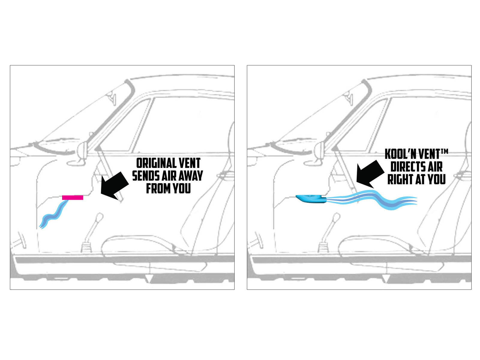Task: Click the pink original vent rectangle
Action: [72, 198]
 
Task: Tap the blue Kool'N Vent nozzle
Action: [311, 199]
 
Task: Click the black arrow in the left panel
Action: [114, 186]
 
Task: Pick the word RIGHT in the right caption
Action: [400, 179]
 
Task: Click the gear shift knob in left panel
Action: [99, 217]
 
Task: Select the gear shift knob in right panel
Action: [336, 217]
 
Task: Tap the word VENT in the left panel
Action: [189, 163]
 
